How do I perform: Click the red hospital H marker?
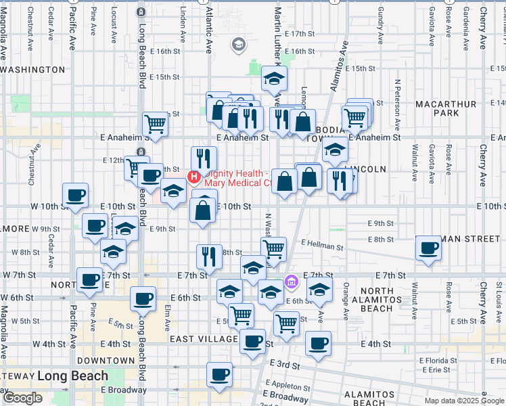coord(195,178)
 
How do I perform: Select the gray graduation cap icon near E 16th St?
coord(237,45)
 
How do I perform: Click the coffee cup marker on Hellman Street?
coord(428,248)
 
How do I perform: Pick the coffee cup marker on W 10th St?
coord(75,196)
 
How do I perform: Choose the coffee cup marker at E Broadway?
coord(218,374)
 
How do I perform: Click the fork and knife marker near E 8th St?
coord(209,256)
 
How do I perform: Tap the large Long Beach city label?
coord(72,376)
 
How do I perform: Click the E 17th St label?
coord(300,33)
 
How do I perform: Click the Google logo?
coord(22,398)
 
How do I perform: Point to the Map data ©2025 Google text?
coord(464,401)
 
